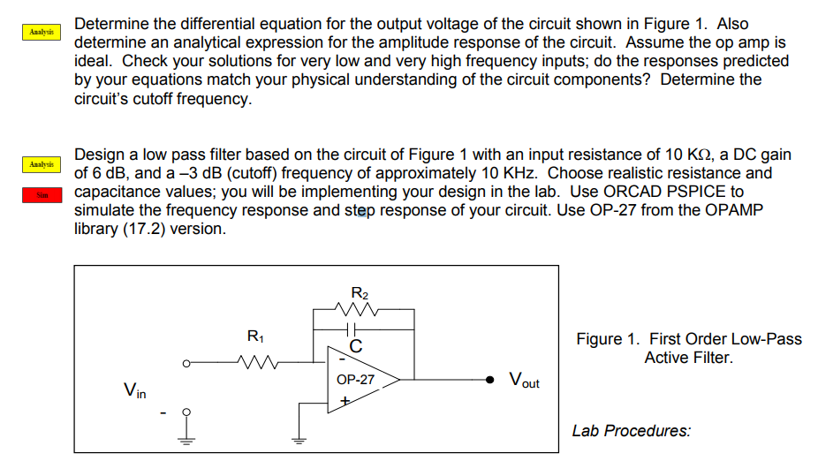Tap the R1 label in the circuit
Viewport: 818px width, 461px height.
(x=254, y=336)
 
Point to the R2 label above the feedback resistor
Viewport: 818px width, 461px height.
(x=360, y=292)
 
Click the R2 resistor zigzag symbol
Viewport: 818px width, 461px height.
(x=359, y=309)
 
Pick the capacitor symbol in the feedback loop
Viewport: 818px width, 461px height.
(x=354, y=329)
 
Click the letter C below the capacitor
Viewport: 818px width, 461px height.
(x=355, y=346)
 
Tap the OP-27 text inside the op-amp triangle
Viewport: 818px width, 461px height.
(x=355, y=380)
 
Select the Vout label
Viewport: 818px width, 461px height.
(x=524, y=382)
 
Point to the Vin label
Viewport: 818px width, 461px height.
(x=135, y=388)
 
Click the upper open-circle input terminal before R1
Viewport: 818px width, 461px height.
(x=186, y=360)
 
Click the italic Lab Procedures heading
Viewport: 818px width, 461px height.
(x=631, y=431)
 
